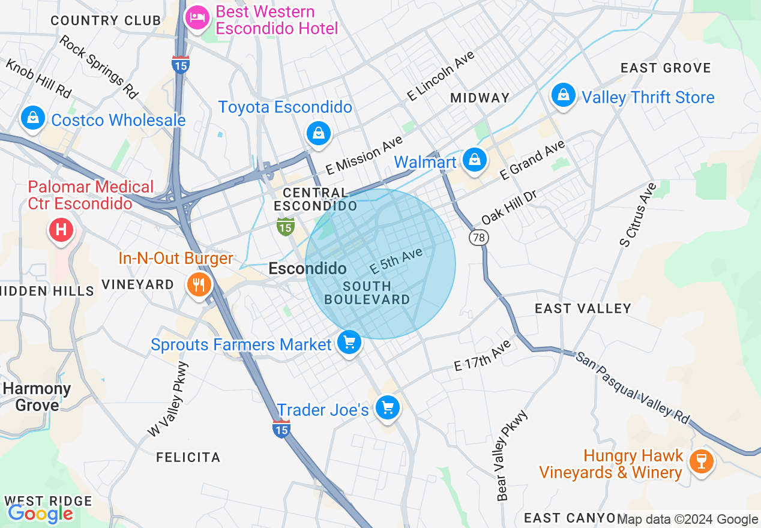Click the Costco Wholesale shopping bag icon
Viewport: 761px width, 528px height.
click(33, 119)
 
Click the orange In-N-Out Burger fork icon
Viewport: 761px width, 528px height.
click(199, 284)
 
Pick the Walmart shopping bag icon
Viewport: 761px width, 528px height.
click(475, 160)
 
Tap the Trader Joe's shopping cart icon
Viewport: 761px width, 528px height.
click(387, 408)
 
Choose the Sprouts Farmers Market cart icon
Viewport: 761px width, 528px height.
click(349, 343)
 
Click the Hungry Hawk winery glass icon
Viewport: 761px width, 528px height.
click(700, 461)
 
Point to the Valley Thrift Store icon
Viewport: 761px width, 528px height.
click(564, 95)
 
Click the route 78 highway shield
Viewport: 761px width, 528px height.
click(478, 238)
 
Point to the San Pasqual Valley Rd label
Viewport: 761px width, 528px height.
click(633, 388)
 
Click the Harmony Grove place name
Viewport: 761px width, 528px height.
click(37, 397)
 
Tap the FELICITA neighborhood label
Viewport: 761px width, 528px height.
click(188, 457)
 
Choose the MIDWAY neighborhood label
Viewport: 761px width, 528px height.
click(480, 98)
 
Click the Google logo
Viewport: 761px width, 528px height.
click(40, 514)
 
